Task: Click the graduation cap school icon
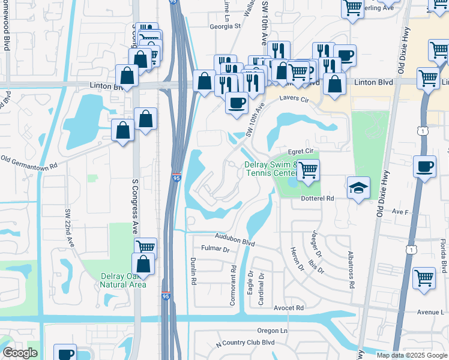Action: click(358, 188)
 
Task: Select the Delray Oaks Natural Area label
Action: click(123, 280)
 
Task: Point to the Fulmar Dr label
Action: click(215, 248)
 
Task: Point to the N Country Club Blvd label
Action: click(245, 343)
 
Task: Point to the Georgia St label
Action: click(224, 26)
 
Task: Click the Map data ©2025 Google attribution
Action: click(411, 355)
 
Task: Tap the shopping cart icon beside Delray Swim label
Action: click(308, 170)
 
